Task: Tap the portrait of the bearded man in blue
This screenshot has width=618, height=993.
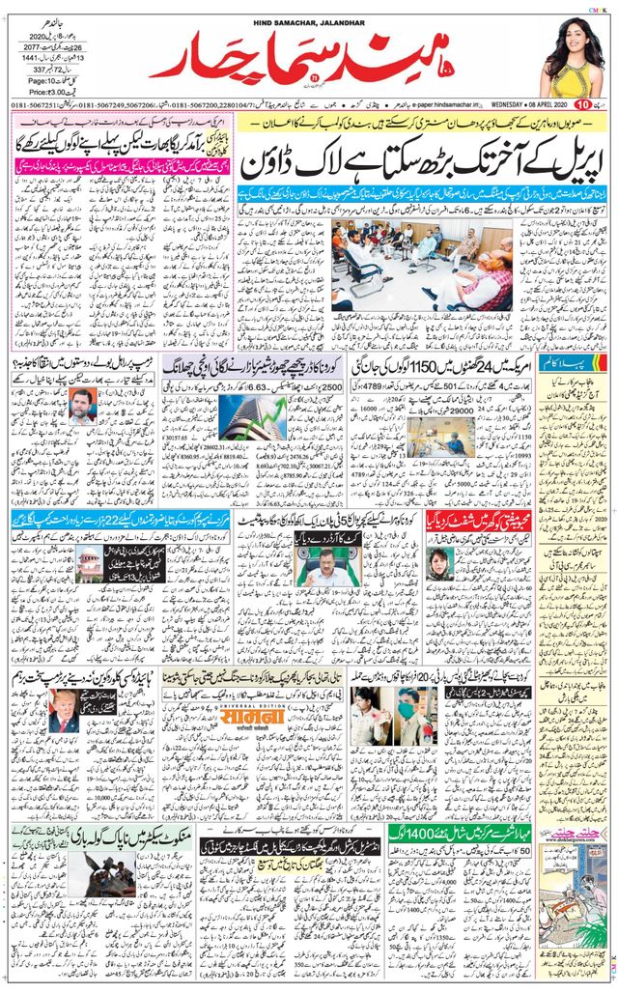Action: click(83, 408)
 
